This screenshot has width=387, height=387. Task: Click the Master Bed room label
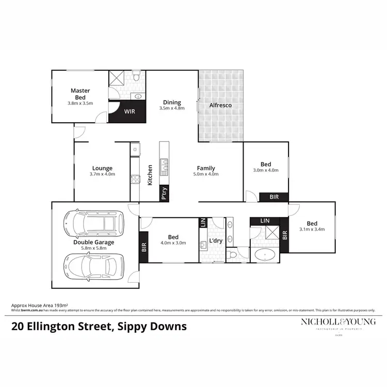pos(80,93)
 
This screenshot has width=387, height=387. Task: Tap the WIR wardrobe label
pos(127,111)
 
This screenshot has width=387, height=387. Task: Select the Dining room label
pos(172,102)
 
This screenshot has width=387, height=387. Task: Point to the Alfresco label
pos(220,106)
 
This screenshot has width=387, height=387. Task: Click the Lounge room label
pos(102,168)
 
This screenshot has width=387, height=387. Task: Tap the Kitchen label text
pos(150,175)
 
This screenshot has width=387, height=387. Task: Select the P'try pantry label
pos(164,193)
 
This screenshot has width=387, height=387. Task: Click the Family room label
pos(206,168)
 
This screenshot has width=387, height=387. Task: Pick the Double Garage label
pos(93,242)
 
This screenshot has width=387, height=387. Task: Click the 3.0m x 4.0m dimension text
pos(266,170)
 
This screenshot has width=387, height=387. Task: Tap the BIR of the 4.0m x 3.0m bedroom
pos(143,247)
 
